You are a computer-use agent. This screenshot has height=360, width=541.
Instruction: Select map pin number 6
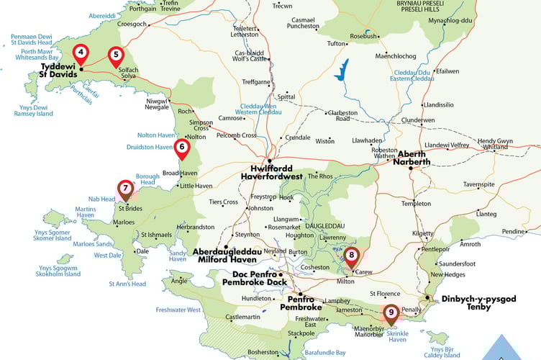pos(182,147)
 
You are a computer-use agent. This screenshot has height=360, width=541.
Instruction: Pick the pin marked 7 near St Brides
pos(125,189)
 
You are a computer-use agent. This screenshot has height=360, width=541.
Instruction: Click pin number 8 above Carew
pos(351,255)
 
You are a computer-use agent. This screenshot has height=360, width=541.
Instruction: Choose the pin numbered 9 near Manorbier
pos(391,312)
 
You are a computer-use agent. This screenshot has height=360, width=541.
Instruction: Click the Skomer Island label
pos(52,235)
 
